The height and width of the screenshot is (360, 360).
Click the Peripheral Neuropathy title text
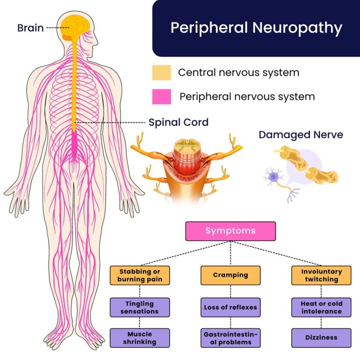(256, 28)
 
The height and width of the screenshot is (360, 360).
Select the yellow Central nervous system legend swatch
(161, 73)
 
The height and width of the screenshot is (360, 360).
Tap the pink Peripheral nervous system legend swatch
(161, 97)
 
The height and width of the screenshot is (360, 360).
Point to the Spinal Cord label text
(179, 122)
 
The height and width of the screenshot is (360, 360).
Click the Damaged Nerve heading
(300, 135)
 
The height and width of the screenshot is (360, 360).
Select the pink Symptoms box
(230, 231)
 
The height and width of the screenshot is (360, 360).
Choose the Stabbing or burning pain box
(140, 275)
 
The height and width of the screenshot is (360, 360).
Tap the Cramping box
(230, 275)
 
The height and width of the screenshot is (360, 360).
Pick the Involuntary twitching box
(321, 275)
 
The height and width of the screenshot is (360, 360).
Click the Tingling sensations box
(140, 307)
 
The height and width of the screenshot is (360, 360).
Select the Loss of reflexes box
(230, 307)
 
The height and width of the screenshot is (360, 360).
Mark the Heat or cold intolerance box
(321, 307)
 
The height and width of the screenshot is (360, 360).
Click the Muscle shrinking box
(140, 337)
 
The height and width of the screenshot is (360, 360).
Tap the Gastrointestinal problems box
(230, 337)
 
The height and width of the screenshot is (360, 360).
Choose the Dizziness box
(321, 337)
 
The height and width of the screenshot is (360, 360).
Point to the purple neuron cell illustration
(273, 178)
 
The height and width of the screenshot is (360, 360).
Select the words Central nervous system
(238, 73)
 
